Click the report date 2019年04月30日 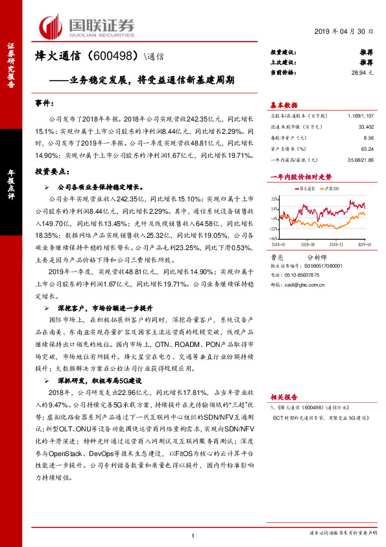coord(344,32)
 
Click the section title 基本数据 coord(283,105)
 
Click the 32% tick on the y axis coord(275,199)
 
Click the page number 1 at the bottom coord(193,535)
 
